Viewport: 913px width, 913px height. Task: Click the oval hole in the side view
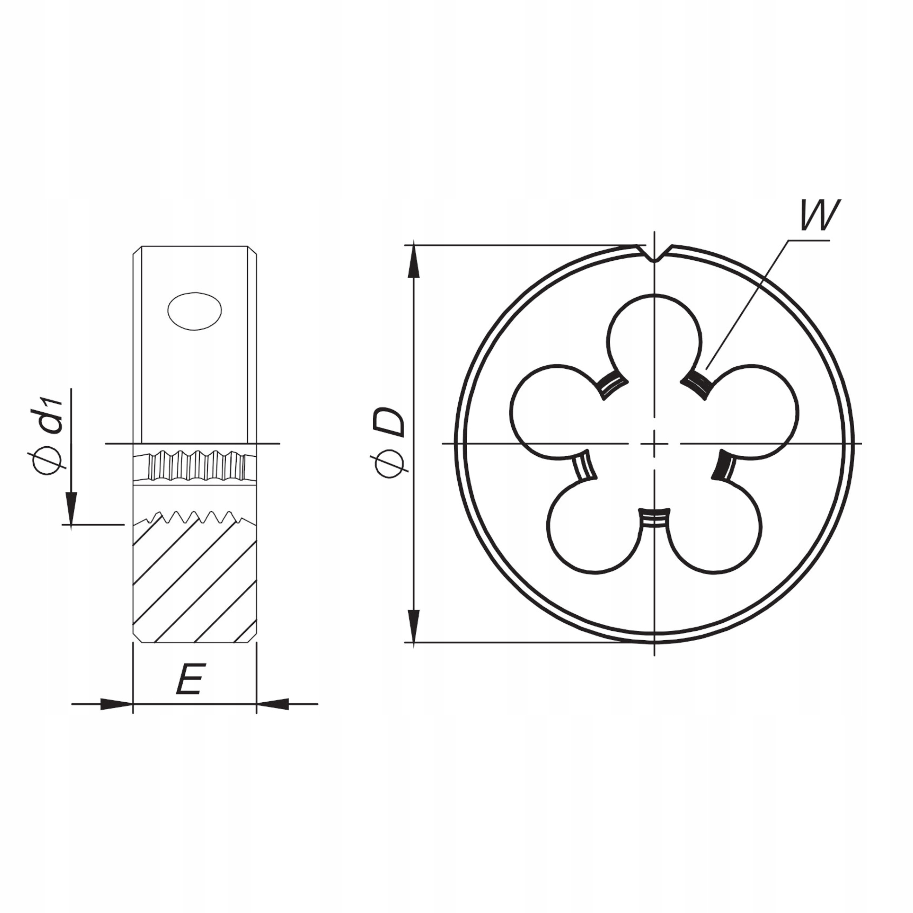(194, 311)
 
